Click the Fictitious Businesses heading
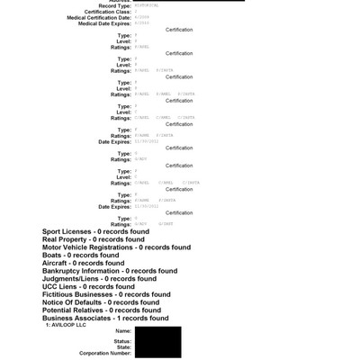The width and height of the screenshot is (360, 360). [x=106, y=294]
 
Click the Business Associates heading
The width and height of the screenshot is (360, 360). [x=105, y=318]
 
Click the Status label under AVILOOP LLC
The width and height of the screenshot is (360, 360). [x=122, y=340]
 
